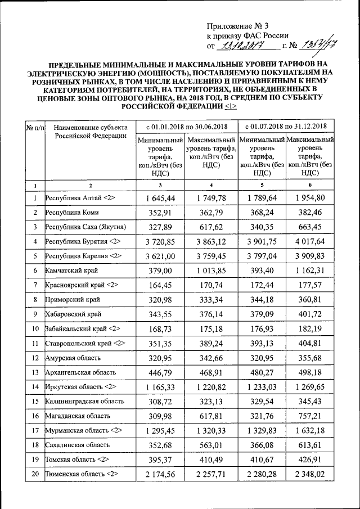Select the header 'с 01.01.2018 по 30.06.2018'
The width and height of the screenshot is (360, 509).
coord(187,125)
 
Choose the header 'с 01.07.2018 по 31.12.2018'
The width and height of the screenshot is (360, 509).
coord(287,125)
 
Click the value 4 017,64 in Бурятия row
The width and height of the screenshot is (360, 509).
coord(311,242)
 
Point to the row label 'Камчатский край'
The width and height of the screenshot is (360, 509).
coord(71,271)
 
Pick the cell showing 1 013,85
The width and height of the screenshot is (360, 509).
coord(211,271)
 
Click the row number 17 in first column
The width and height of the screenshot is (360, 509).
coord(35,430)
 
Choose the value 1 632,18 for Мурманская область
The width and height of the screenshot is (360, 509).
coord(311,430)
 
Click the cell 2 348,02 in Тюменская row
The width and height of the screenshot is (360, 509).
coord(311,474)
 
